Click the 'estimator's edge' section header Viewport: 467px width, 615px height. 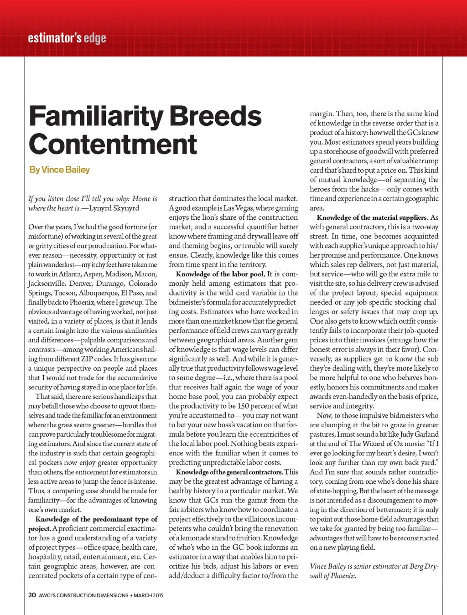pos(67,38)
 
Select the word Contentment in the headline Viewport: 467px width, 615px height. pos(113,145)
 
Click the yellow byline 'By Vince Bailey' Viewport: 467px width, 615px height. pos(59,170)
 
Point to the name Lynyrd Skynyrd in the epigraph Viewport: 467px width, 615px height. pos(114,208)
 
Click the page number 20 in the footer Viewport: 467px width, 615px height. pos(32,595)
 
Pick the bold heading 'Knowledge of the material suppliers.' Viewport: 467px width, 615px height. pos(372,217)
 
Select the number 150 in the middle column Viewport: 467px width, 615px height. pos(243,406)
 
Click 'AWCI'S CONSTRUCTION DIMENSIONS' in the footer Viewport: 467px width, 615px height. pos(83,595)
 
